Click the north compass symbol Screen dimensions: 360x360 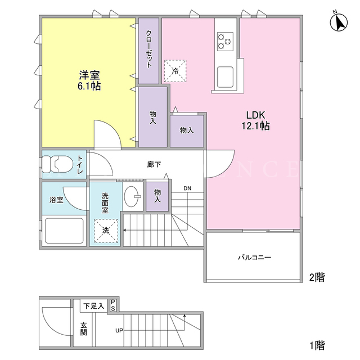coord(339,22)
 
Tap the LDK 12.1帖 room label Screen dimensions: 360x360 coord(255,120)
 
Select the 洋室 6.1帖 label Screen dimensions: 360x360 coord(89,80)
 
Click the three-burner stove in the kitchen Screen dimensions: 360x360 coord(225,41)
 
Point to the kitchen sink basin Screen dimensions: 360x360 coord(225,77)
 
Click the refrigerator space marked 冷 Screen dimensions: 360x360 coord(175,71)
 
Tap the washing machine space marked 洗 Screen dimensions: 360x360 coord(106,231)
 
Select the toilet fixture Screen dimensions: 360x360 coord(56,164)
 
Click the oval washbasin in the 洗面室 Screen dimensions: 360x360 coord(132,196)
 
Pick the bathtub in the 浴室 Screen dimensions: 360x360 coord(64,231)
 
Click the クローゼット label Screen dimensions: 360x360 coord(149,49)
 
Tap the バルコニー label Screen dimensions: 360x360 coord(254,257)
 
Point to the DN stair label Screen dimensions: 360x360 coord(187,188)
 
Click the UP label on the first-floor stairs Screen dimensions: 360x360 coord(119,331)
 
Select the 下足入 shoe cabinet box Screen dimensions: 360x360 coord(94,306)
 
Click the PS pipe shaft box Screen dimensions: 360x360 coord(113,305)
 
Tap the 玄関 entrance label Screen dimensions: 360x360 coord(83,328)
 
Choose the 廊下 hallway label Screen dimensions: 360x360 coord(154,164)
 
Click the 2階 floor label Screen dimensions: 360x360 coord(317,277)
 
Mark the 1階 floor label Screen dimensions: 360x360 coord(317,345)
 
